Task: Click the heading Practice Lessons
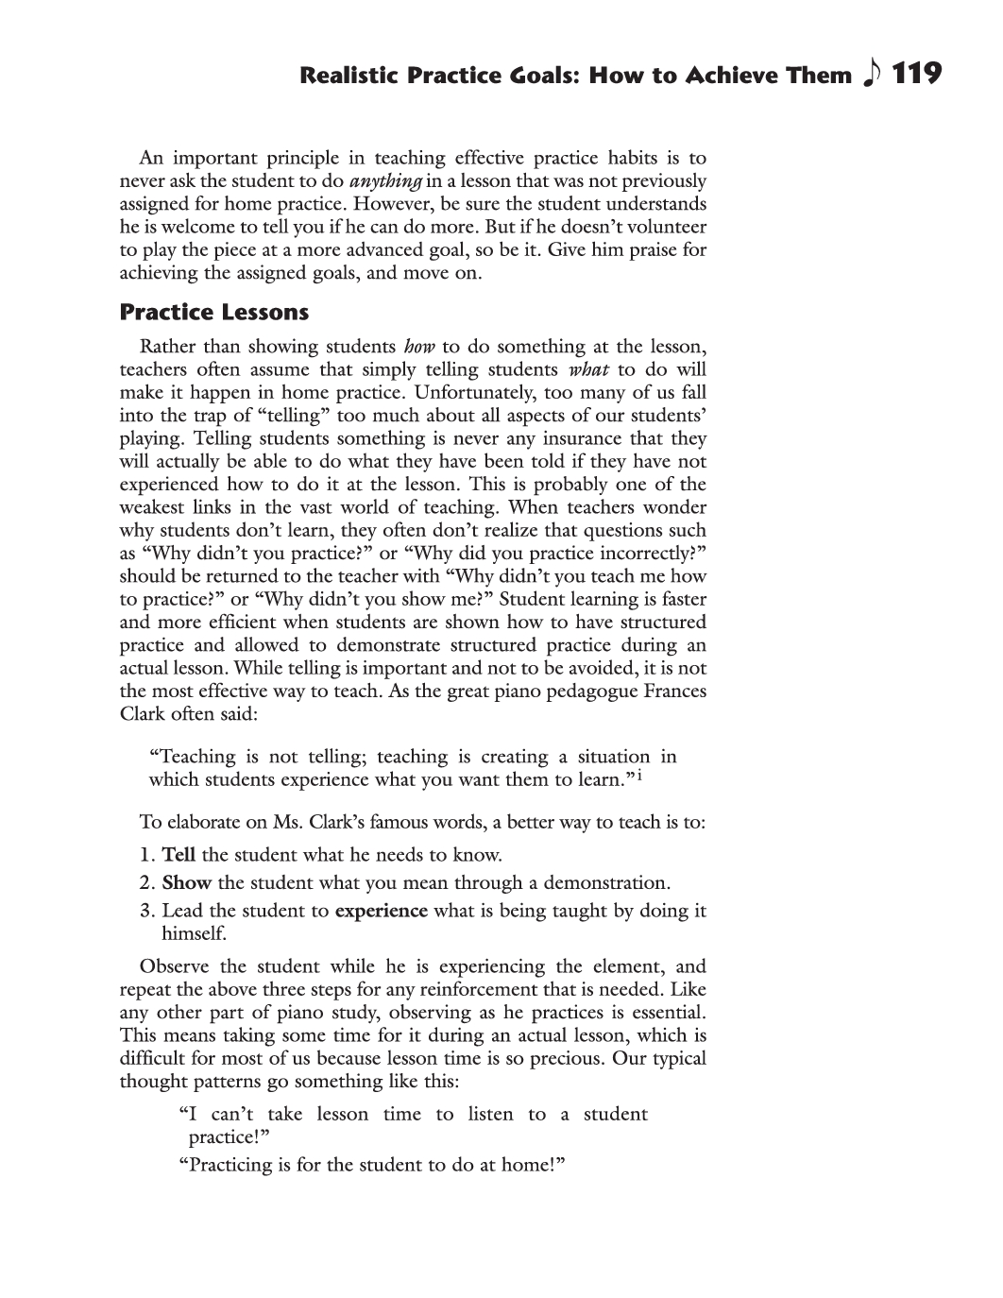214,312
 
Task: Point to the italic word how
418,347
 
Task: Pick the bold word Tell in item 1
178,855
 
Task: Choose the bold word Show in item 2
186,883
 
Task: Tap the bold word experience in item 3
381,911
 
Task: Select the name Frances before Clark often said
671,692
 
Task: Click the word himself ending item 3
193,933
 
